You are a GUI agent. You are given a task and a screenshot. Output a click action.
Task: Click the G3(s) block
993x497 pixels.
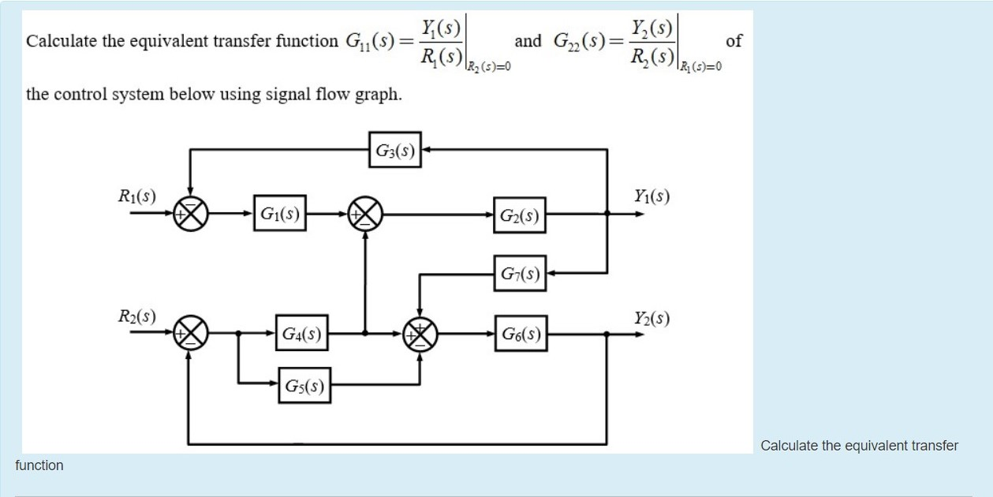tap(394, 150)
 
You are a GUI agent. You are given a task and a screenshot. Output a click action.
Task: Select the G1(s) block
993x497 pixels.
tap(280, 213)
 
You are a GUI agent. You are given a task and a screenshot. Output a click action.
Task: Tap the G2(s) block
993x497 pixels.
tap(520, 215)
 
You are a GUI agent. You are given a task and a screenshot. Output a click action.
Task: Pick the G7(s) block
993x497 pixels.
tap(520, 274)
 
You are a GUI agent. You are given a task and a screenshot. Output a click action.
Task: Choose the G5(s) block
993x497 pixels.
tap(304, 386)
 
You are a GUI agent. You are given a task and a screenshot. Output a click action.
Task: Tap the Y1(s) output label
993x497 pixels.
tap(651, 195)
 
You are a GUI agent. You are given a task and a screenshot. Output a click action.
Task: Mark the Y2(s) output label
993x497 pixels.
tap(651, 318)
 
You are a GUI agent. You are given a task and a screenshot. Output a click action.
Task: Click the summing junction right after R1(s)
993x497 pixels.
tap(190, 213)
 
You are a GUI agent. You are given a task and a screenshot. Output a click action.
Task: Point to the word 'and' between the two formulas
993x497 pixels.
tap(528, 40)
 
